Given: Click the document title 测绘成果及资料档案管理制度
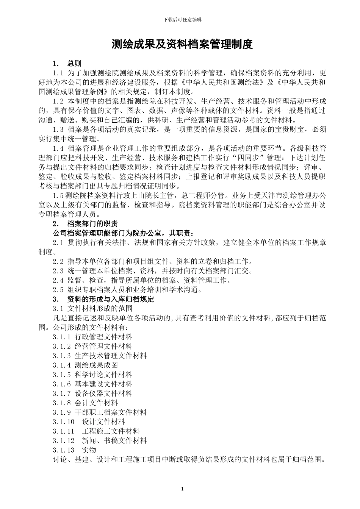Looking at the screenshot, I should [x=182, y=45].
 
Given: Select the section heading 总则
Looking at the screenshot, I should [x=74, y=63].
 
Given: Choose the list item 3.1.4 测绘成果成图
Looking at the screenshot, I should [x=86, y=365].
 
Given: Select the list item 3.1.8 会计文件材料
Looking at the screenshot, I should [x=86, y=403].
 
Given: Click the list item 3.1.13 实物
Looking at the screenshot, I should [x=75, y=450].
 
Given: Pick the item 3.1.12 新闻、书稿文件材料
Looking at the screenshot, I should [x=100, y=440].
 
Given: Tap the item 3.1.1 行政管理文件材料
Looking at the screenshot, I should [x=93, y=337].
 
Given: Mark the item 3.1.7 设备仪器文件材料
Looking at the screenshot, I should [x=93, y=393].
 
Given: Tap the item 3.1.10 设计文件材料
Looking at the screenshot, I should [x=89, y=422].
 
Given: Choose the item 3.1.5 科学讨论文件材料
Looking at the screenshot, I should [x=93, y=375].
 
